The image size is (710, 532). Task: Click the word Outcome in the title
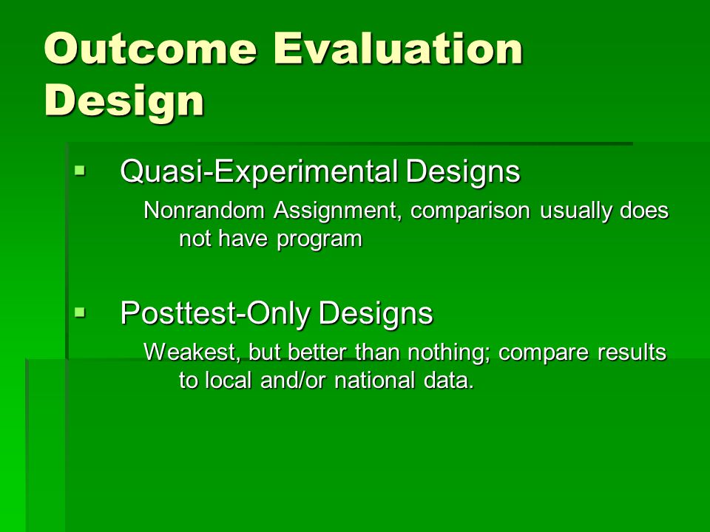pyautogui.click(x=151, y=49)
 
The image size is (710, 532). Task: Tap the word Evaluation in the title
pyautogui.click(x=399, y=49)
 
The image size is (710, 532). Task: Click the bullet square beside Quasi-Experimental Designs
pyautogui.click(x=80, y=171)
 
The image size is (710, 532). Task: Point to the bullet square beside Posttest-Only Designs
pyautogui.click(x=80, y=312)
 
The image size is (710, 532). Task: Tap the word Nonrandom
pyautogui.click(x=204, y=211)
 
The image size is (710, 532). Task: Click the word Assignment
pyautogui.click(x=337, y=211)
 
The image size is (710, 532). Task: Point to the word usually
pyautogui.click(x=575, y=211)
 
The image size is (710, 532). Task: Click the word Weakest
pyautogui.click(x=191, y=352)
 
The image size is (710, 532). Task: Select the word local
pyautogui.click(x=229, y=380)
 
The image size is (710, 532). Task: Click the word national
pyautogui.click(x=374, y=380)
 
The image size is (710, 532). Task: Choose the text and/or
pyautogui.click(x=293, y=380)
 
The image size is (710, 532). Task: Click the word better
pyautogui.click(x=317, y=352)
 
